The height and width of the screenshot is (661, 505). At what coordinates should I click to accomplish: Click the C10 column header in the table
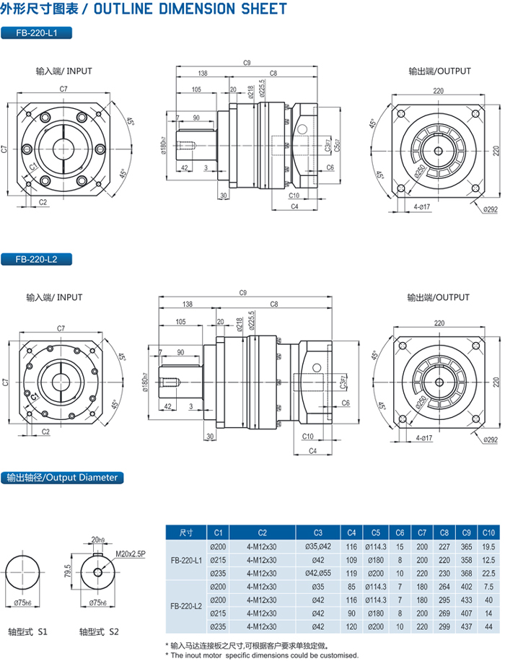[x=487, y=532]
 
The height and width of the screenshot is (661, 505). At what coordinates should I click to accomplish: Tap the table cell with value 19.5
[x=487, y=546]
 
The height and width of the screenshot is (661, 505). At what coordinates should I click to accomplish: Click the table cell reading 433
[x=465, y=600]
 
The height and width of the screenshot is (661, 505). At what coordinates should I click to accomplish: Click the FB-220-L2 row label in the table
[x=185, y=606]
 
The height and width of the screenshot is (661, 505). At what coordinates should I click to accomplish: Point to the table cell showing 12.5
[x=487, y=560]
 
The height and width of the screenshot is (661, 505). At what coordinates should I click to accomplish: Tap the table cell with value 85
[x=351, y=586]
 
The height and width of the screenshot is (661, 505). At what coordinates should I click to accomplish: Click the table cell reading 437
[x=465, y=626]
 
